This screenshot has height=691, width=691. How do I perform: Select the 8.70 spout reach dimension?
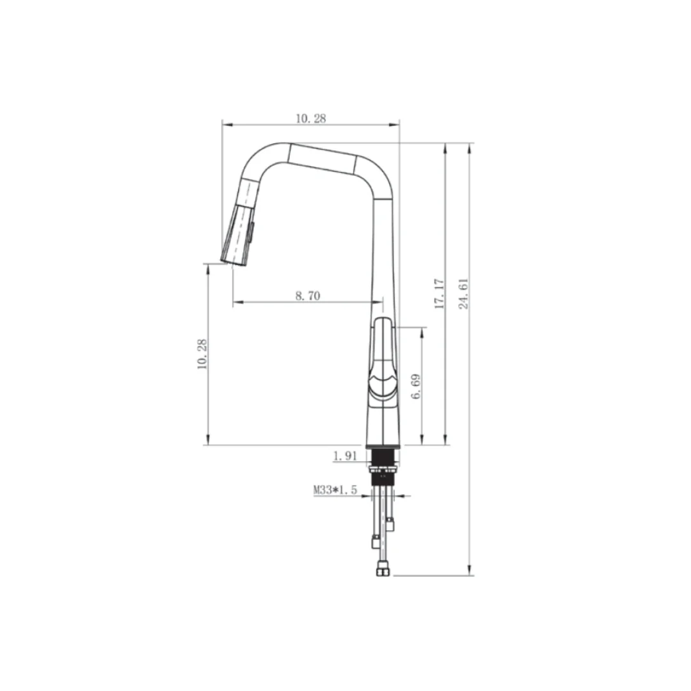click(308, 295)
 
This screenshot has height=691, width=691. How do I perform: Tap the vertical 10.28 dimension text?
click(202, 354)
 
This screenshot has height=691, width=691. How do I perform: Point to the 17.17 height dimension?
click(439, 294)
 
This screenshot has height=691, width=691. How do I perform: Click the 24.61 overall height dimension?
click(464, 294)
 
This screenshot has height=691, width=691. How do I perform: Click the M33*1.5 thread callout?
click(334, 490)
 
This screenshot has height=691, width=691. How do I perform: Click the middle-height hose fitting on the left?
click(376, 543)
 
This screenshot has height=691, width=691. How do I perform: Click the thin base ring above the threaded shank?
click(383, 446)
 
